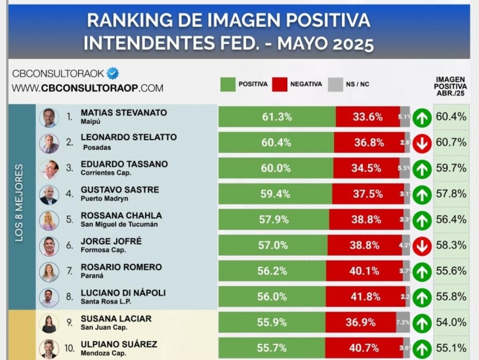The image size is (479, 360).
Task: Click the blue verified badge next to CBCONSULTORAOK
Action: pos(112,73)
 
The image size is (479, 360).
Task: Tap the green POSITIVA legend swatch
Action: pos(228,84)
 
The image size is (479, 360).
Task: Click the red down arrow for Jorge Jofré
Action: pos(422,247)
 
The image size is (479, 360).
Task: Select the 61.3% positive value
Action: pos(276,117)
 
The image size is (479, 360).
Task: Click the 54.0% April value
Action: pos(451,323)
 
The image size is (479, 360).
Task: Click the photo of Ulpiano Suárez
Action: pos(49,348)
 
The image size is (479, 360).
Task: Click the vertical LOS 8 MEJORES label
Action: pos(19,203)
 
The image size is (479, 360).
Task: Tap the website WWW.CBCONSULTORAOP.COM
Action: pos(87,88)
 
